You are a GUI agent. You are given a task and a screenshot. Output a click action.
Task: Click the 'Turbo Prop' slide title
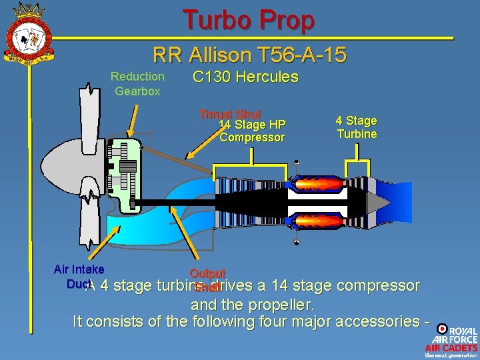[x=248, y=20]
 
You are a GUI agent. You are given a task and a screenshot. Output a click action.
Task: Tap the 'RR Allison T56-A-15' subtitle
[x=249, y=55]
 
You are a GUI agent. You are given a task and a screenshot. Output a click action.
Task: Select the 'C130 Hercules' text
[x=245, y=77]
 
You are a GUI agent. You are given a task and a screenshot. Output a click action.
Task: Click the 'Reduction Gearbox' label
[x=137, y=83]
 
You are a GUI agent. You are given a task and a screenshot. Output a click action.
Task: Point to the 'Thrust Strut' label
[x=229, y=114]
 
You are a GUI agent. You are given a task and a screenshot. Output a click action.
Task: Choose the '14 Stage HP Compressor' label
[x=252, y=131]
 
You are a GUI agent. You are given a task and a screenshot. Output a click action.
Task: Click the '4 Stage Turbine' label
[x=357, y=127]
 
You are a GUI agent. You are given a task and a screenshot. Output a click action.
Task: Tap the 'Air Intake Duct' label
[x=79, y=275]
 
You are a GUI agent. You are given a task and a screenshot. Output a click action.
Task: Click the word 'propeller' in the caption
[x=281, y=305]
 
